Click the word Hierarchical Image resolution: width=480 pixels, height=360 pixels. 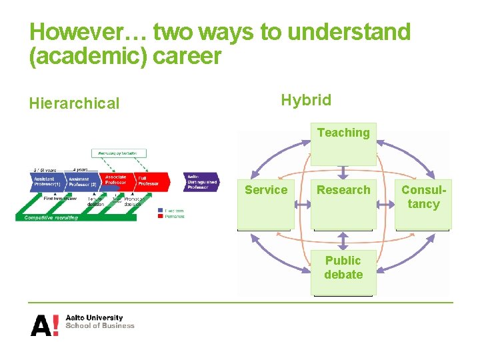[x=74, y=103]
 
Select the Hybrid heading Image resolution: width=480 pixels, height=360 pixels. [x=305, y=100]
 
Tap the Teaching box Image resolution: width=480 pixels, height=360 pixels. [x=343, y=143]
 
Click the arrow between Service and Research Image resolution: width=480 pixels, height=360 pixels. [x=303, y=206]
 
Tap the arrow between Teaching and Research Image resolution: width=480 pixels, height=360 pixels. [x=343, y=172]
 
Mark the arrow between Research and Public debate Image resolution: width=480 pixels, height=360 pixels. [x=343, y=241]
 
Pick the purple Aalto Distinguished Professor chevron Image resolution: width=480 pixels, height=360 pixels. [x=200, y=181]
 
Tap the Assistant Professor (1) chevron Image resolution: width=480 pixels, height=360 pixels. [x=47, y=181]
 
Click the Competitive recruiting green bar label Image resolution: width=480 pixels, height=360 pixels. [x=51, y=217]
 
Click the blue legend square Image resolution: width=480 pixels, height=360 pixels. [x=160, y=211]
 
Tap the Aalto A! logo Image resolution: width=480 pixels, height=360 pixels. [x=44, y=325]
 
